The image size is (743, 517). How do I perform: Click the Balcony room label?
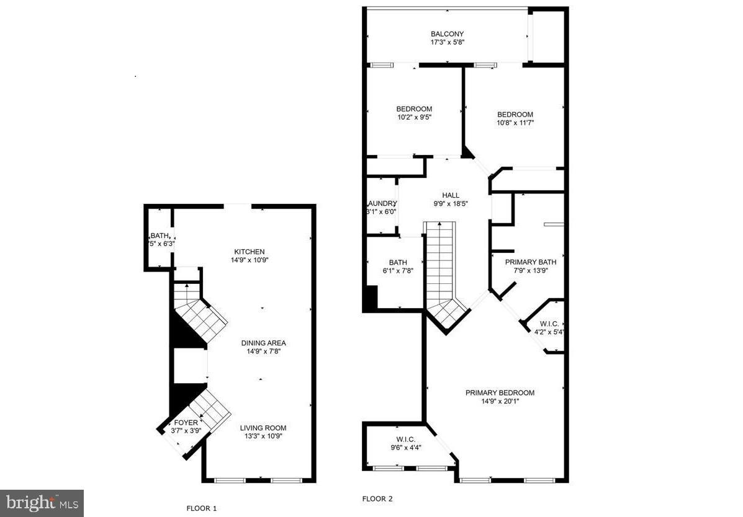[x=447, y=34]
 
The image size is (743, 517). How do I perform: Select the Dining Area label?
[x=263, y=343]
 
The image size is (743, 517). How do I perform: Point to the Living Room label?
[x=263, y=428]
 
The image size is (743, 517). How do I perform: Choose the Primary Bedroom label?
[x=500, y=392]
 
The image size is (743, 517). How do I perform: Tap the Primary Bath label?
[x=526, y=262]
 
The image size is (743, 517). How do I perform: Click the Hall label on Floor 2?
[x=451, y=195]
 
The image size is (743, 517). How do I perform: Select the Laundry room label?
[x=382, y=203]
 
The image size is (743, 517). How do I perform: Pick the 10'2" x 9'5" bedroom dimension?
[x=414, y=117]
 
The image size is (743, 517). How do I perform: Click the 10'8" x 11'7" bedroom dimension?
[x=515, y=123]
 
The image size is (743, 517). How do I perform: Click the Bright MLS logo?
[x=42, y=503]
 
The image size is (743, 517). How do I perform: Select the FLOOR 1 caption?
[x=202, y=508]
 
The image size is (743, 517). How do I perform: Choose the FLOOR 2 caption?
[x=377, y=498]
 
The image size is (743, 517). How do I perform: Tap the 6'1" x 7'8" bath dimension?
[x=397, y=270]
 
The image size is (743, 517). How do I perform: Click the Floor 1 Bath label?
[x=160, y=236]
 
